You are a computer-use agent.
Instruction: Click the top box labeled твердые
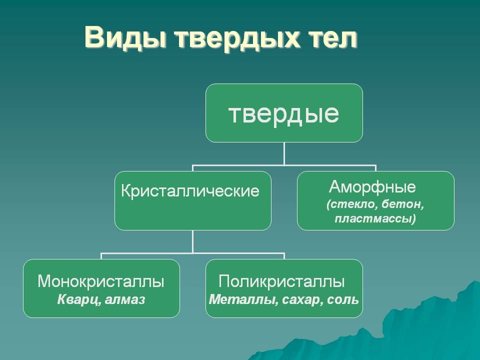click(284, 113)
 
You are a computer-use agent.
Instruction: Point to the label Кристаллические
click(190, 191)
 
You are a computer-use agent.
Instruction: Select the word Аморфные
click(372, 187)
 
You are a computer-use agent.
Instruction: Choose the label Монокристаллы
click(101, 282)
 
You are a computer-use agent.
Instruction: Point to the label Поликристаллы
click(282, 282)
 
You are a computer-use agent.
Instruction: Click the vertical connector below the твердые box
click(284, 152)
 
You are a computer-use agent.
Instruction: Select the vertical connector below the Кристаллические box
click(193, 241)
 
